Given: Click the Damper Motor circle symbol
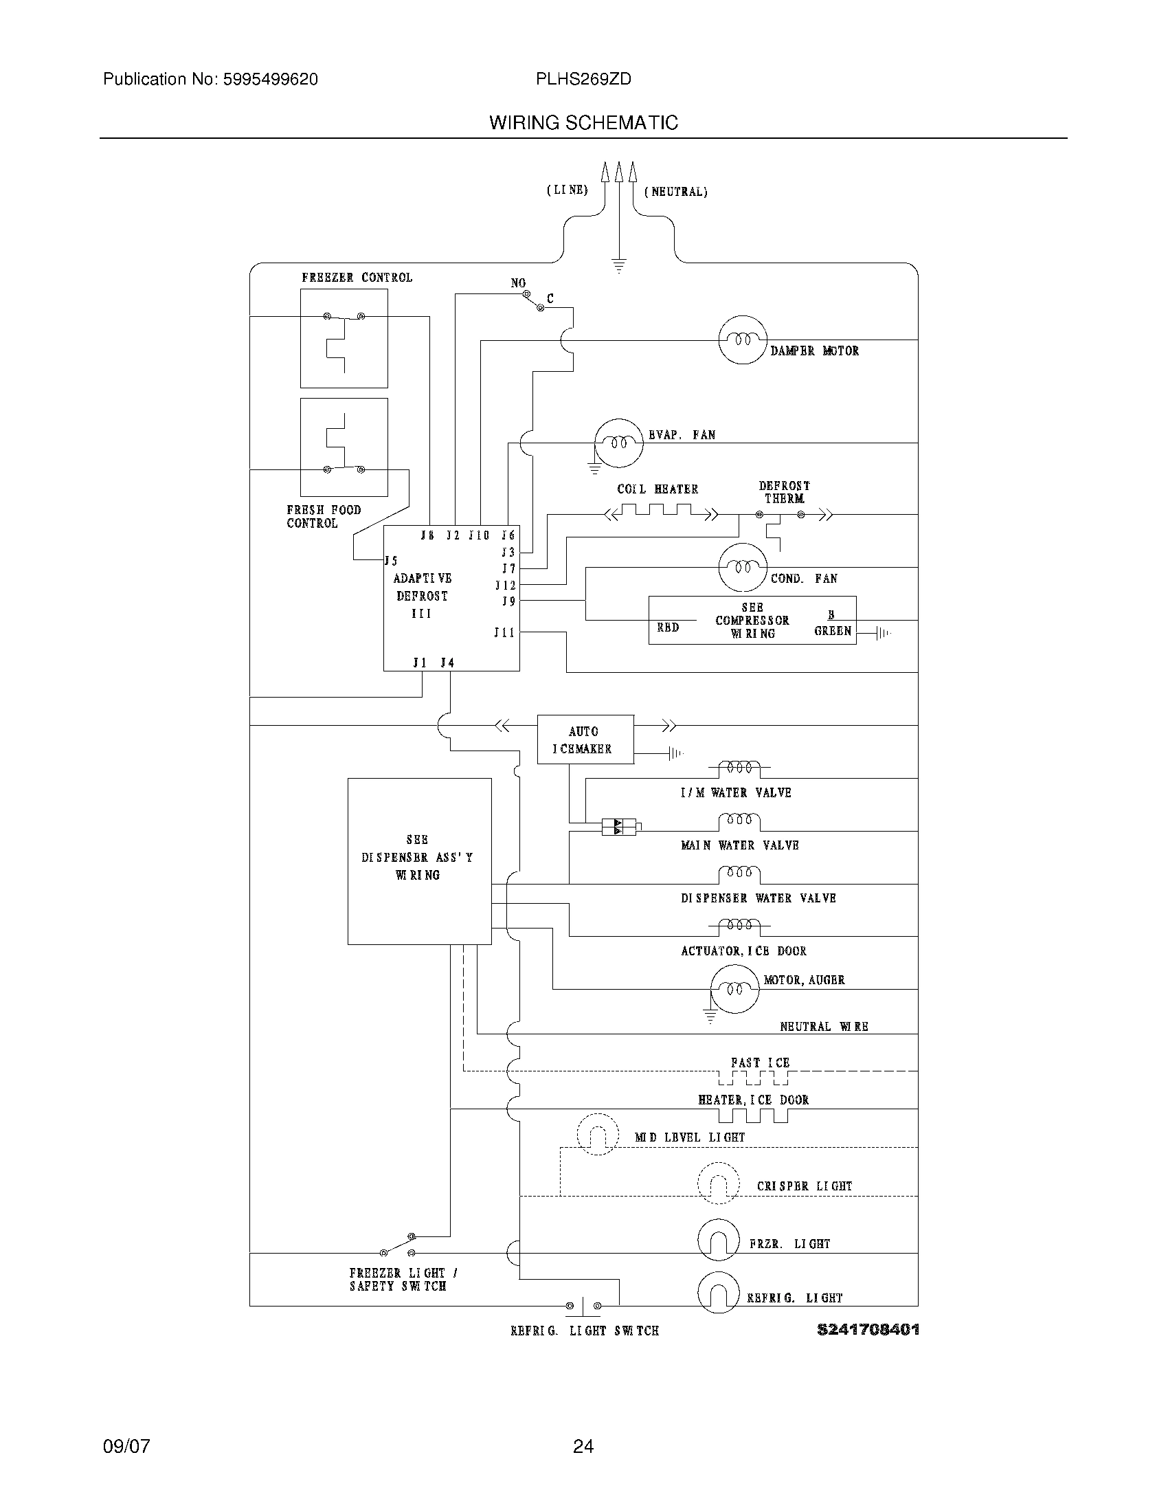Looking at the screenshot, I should pos(743,340).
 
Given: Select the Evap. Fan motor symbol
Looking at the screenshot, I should pos(618,443).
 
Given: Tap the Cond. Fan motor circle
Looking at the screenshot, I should pos(743,567).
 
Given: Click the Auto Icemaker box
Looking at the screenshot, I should pos(585,740).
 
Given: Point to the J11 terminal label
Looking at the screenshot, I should pos(504,632).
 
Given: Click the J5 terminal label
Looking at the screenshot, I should pos(392,561).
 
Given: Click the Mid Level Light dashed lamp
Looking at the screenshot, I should pos(597,1134).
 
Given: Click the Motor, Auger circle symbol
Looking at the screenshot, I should pos(735,988).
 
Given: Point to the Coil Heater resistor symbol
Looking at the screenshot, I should pos(655,511).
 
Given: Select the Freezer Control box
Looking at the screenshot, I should pos(344,338).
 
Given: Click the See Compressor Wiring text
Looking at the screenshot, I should pos(752,621).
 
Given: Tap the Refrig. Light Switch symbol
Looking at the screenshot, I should pos(583,1306).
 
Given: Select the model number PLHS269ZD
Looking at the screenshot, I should pos(583,80).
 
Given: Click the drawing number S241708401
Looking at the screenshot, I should pos(868,1329).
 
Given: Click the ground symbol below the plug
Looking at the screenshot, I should pos(618,266).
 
